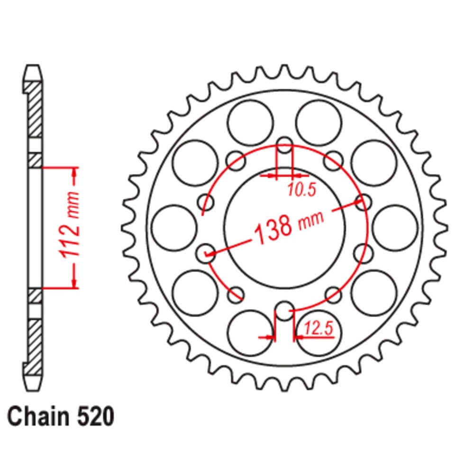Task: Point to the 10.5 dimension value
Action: coord(300,190)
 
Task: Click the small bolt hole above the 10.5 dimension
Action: coord(284,146)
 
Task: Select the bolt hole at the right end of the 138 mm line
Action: coord(363,203)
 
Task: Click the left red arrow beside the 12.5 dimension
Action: coord(268,337)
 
